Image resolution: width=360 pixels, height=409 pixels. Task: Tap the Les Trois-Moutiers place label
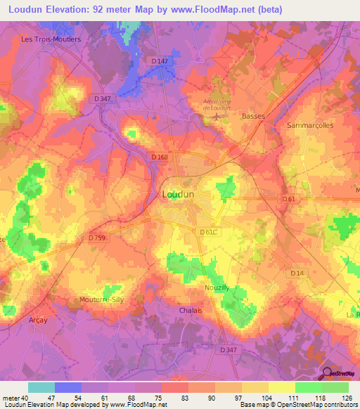(x=51, y=39)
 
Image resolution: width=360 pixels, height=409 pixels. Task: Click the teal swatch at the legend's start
(x=41, y=387)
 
